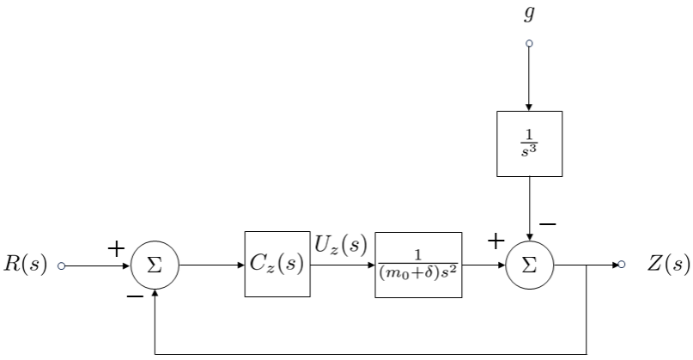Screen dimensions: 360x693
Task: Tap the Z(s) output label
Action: (669, 264)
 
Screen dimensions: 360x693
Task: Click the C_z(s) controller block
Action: (277, 264)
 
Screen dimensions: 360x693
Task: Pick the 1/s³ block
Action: (529, 143)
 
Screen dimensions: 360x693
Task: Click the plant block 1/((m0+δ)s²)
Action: (418, 264)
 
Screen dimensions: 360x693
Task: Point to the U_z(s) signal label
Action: (341, 247)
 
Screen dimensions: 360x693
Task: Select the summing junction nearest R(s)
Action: (155, 265)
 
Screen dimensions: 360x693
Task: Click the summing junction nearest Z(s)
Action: (529, 265)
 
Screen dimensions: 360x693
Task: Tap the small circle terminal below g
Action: (529, 43)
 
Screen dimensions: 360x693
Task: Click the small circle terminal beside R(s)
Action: (60, 265)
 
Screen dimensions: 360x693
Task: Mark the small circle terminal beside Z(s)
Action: (621, 265)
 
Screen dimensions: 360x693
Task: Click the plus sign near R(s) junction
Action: (116, 249)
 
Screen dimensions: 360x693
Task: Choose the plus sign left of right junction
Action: (495, 242)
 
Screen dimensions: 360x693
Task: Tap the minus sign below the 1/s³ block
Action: (547, 224)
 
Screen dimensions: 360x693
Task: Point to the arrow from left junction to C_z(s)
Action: (212, 265)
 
